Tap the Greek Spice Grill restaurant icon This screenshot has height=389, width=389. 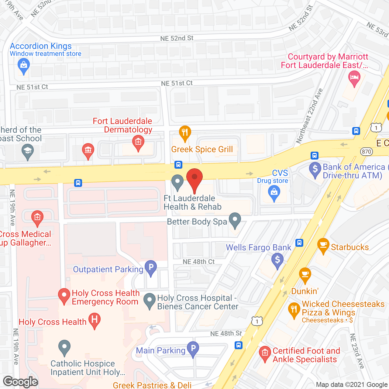(185, 133)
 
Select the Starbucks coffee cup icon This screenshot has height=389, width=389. (323, 245)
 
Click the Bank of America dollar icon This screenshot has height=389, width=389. (315, 169)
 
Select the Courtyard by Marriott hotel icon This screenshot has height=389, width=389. (354, 78)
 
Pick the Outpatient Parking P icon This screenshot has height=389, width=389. (151, 267)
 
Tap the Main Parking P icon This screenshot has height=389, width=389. (193, 349)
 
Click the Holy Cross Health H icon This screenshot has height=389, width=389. (95, 320)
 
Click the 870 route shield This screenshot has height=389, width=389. (367, 152)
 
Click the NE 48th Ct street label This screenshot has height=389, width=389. (199, 262)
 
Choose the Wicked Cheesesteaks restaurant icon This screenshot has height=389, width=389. (294, 310)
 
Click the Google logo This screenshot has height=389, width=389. (21, 382)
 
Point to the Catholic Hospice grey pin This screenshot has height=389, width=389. (64, 347)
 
